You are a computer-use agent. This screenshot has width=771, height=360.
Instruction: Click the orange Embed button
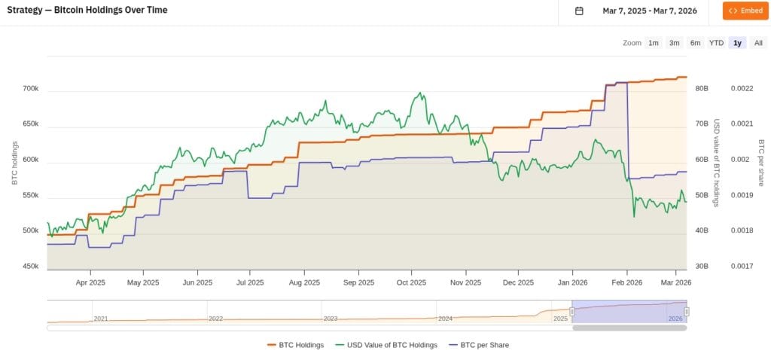click(745, 11)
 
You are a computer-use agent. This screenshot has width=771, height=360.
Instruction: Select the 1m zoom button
click(654, 43)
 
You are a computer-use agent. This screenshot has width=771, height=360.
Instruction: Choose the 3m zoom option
click(675, 43)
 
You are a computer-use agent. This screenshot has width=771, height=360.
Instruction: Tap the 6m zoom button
click(695, 43)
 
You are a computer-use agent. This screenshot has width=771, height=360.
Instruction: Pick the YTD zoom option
click(716, 43)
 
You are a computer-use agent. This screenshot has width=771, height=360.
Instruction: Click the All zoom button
click(758, 43)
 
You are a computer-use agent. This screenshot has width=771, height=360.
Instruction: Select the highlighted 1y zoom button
click(737, 43)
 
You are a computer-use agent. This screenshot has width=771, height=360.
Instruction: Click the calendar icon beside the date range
click(579, 11)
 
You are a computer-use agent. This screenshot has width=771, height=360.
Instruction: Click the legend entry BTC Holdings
click(295, 345)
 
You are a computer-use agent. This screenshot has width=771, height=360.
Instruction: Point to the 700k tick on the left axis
click(30, 89)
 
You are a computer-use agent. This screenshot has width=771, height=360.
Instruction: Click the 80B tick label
click(702, 89)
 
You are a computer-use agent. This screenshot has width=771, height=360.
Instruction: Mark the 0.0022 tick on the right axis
click(742, 89)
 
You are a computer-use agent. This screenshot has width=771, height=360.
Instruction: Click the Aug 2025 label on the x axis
click(304, 283)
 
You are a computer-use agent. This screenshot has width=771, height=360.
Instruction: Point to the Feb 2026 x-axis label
click(626, 283)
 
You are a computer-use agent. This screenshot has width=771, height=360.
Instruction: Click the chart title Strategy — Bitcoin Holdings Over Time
click(87, 11)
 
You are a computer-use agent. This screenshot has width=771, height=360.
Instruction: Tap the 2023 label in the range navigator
click(331, 319)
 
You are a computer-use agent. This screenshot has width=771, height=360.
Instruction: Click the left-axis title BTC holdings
click(14, 163)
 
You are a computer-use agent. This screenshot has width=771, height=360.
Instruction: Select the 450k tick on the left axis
click(30, 266)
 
